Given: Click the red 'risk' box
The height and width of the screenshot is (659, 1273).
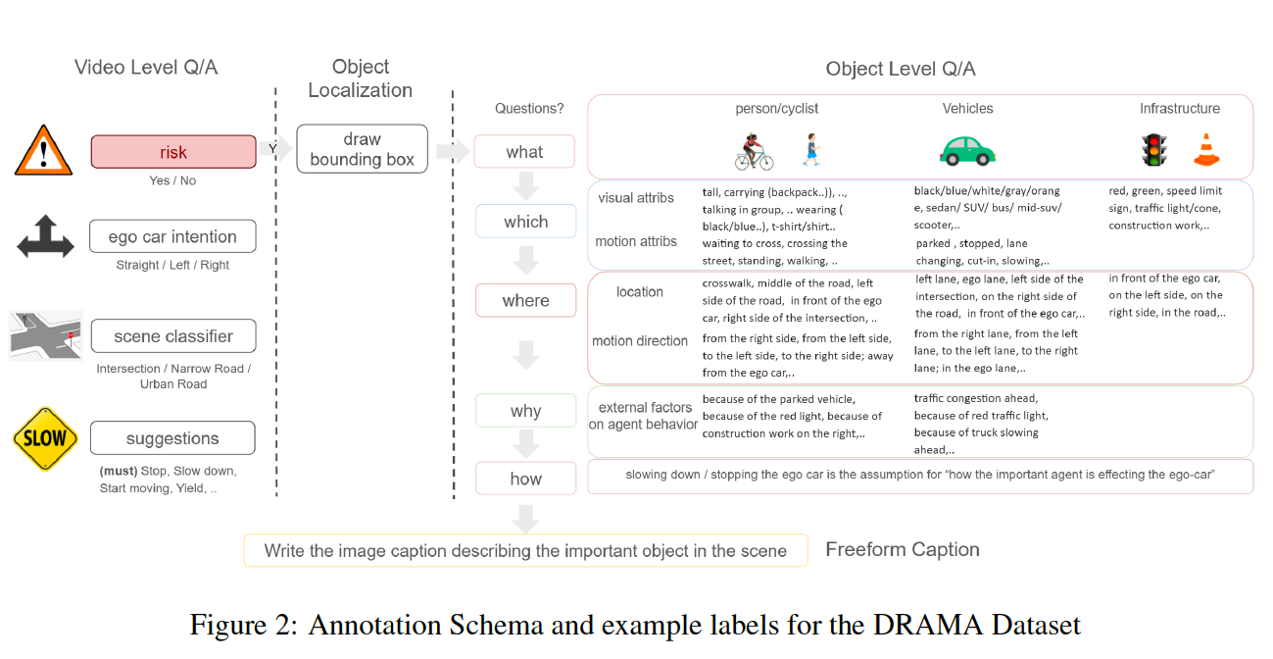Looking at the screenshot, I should (173, 153).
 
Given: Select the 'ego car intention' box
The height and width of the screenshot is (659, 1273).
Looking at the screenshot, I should (173, 236).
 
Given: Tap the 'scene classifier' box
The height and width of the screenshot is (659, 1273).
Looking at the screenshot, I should (173, 336).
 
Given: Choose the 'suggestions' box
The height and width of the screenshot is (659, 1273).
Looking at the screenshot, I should (173, 438).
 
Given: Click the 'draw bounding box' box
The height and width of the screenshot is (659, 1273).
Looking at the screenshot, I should (362, 149).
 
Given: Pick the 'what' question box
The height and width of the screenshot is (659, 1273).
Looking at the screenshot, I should (524, 152).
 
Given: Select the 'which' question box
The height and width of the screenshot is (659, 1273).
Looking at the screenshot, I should (525, 222).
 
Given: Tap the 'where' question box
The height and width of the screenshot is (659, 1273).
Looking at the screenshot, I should (525, 300).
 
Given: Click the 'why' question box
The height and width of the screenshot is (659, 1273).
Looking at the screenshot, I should (525, 411).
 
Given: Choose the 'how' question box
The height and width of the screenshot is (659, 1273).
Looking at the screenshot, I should (525, 479).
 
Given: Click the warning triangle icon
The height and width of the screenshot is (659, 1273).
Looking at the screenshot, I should (44, 152).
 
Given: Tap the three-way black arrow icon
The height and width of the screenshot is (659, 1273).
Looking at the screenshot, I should (45, 238).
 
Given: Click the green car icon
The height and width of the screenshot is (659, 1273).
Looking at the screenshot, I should (967, 150).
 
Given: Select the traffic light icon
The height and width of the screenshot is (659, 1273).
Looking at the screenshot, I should (1151, 149).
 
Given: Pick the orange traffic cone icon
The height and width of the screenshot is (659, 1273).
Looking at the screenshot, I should (1205, 149).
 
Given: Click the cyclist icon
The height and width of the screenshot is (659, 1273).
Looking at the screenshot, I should (754, 152).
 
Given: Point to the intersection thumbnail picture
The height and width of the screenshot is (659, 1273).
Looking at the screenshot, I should (45, 336).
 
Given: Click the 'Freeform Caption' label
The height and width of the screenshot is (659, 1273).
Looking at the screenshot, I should (902, 549).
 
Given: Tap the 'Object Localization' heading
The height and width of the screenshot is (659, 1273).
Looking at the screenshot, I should (361, 78).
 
